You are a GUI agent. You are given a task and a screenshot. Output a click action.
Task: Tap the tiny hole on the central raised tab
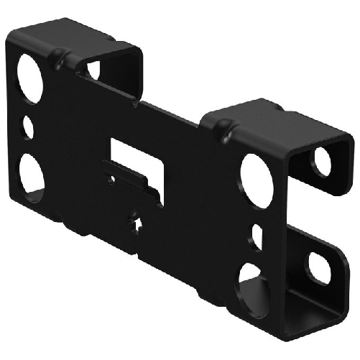click(x=113, y=179)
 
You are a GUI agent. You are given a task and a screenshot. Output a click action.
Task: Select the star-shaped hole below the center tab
click(x=136, y=224)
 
